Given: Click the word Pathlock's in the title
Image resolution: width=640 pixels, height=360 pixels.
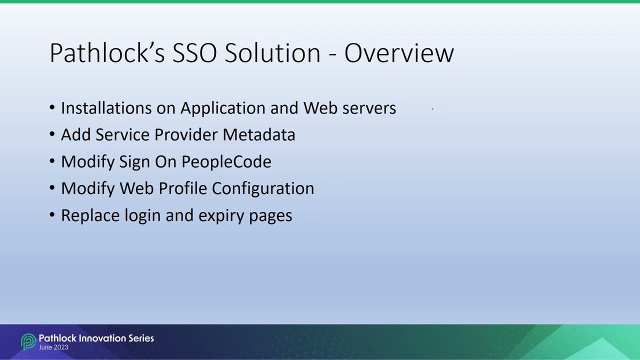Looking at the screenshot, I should coord(107,52).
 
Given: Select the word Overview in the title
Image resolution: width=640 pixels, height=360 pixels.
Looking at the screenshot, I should coord(399,52).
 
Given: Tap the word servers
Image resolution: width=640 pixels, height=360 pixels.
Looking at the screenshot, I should coord(369,108).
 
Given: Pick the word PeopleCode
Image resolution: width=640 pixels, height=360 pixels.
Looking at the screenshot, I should coord(226,162).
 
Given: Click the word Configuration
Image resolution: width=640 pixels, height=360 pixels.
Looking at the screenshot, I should coord(263,189).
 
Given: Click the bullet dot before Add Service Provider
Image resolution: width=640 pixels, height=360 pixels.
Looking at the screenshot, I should coord(52,135).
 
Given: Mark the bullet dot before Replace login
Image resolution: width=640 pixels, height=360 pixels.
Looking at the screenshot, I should coord(52,215).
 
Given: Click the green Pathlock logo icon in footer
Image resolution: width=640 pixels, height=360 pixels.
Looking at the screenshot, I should coord(28,342).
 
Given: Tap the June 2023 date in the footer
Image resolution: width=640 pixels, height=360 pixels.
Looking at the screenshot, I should coord(53,347).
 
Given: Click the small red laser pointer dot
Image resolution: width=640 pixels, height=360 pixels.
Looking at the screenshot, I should coord(432,108).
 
